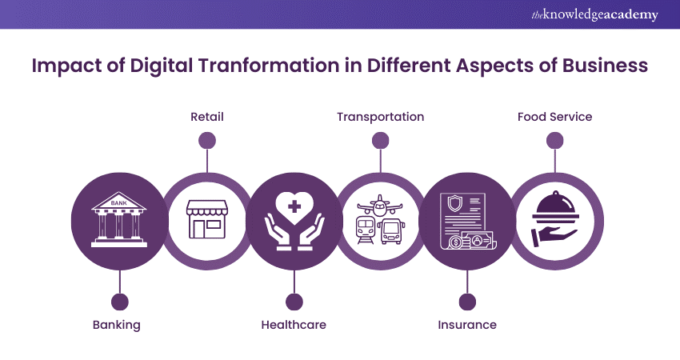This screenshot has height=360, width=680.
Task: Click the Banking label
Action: click(117, 325)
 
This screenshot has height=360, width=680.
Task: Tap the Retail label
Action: click(206, 117)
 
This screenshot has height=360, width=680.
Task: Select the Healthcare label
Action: click(294, 325)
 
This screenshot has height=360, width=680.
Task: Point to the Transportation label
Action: click(380, 117)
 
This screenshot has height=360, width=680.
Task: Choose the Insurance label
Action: click(467, 325)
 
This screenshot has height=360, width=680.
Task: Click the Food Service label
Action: click(554, 117)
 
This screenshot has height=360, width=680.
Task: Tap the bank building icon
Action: click(120, 219)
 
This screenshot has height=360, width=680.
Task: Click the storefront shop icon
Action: click(206, 218)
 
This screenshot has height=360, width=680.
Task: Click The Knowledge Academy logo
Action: click(595, 15)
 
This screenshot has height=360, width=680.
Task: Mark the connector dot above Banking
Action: click(120, 302)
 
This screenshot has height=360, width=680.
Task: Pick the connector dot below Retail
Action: click(206, 140)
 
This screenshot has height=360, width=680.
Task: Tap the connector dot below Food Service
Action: click(554, 140)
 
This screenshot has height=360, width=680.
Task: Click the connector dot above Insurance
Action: click(467, 302)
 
